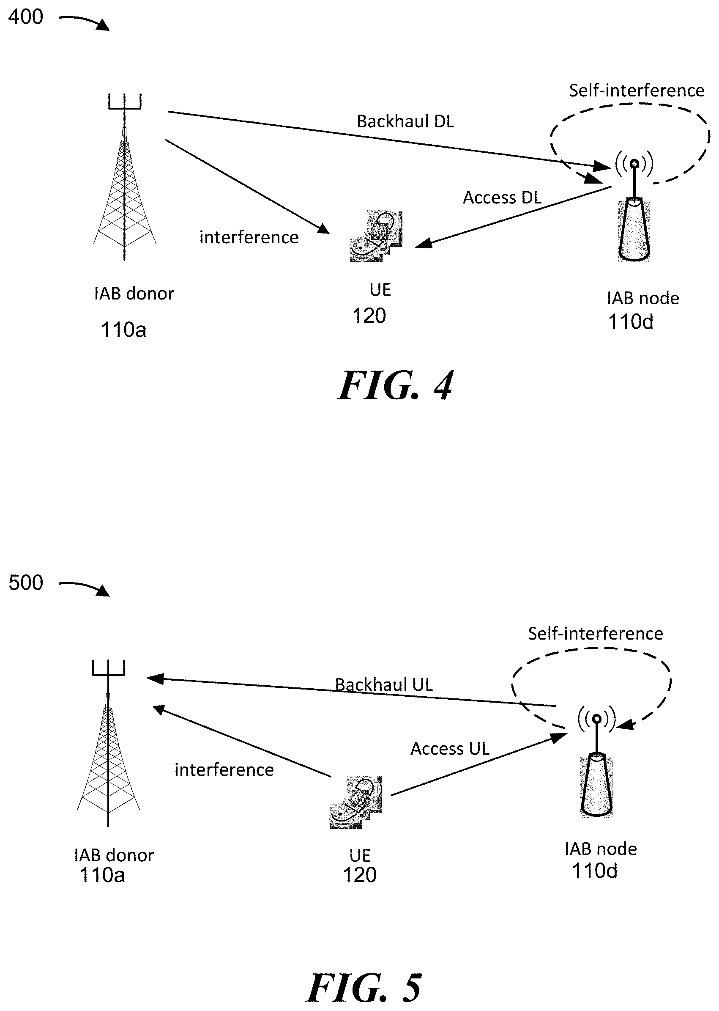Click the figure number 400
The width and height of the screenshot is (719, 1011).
[26, 17]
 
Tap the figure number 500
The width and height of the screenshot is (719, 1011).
[26, 583]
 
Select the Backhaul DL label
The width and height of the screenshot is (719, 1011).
[405, 121]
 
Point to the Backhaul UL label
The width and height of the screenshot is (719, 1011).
[383, 685]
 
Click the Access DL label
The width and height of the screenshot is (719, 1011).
[502, 198]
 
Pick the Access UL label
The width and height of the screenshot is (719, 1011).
[450, 749]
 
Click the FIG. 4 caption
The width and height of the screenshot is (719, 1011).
[395, 386]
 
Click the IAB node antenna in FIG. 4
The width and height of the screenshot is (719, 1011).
[634, 213]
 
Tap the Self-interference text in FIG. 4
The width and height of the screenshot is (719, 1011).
[636, 91]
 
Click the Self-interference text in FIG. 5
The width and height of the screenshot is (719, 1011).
[595, 634]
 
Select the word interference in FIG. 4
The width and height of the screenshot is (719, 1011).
[249, 237]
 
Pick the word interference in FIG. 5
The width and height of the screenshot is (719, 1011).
[224, 770]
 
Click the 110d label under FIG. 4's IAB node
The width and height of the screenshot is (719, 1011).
[631, 321]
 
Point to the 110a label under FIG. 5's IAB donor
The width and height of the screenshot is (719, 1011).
[102, 875]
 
